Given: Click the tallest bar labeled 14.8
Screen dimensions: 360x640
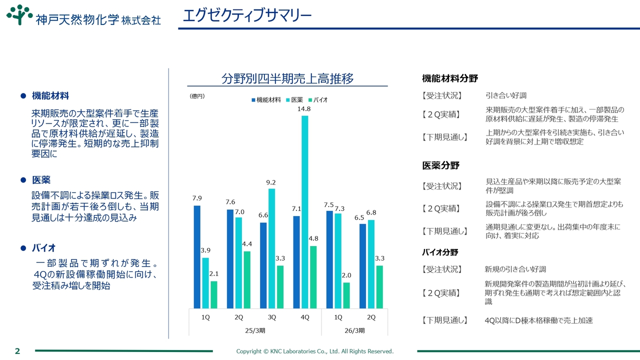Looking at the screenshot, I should pos(304,212).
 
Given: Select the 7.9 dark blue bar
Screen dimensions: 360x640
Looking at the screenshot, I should pos(197,257).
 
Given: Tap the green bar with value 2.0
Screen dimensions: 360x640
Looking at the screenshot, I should pos(346,295).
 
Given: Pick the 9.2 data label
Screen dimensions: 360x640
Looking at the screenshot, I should pos(271,182).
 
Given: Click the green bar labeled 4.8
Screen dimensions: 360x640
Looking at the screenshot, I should pos(313,277).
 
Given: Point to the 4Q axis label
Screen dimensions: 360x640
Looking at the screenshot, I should pos(304,317).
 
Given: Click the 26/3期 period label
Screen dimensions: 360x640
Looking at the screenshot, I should pos(354,330).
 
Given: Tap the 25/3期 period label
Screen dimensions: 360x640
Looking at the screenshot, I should pos(255,330).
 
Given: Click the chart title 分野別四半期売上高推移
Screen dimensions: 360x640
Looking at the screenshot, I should pos(287,78).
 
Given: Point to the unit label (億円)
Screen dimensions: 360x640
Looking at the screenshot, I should pos(197,95).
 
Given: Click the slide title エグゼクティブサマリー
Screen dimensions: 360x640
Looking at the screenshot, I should pos(247,15).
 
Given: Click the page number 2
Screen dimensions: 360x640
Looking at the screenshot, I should pos(17,351).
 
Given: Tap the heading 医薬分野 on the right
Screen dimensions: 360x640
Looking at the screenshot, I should pos(440,165).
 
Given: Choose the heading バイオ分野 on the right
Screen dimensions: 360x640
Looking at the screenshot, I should pos(440,252).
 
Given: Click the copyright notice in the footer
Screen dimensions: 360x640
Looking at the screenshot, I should pos(314,351).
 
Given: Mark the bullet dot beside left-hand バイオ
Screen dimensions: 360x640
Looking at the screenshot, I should pos(22,248).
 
